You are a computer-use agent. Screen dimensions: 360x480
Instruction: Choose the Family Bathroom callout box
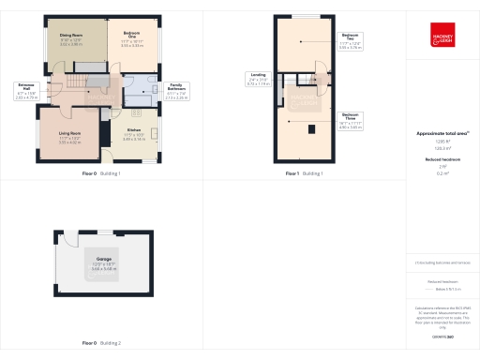176,91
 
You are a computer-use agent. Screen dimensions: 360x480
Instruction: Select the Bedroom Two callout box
348,42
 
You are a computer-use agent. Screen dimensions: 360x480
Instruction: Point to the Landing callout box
258,81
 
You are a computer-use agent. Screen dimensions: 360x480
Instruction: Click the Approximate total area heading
442,133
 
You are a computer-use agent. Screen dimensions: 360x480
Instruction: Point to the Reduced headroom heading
442,160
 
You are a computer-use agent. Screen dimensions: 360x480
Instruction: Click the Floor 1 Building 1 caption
304,173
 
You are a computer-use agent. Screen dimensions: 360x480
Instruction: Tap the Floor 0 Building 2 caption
101,343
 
